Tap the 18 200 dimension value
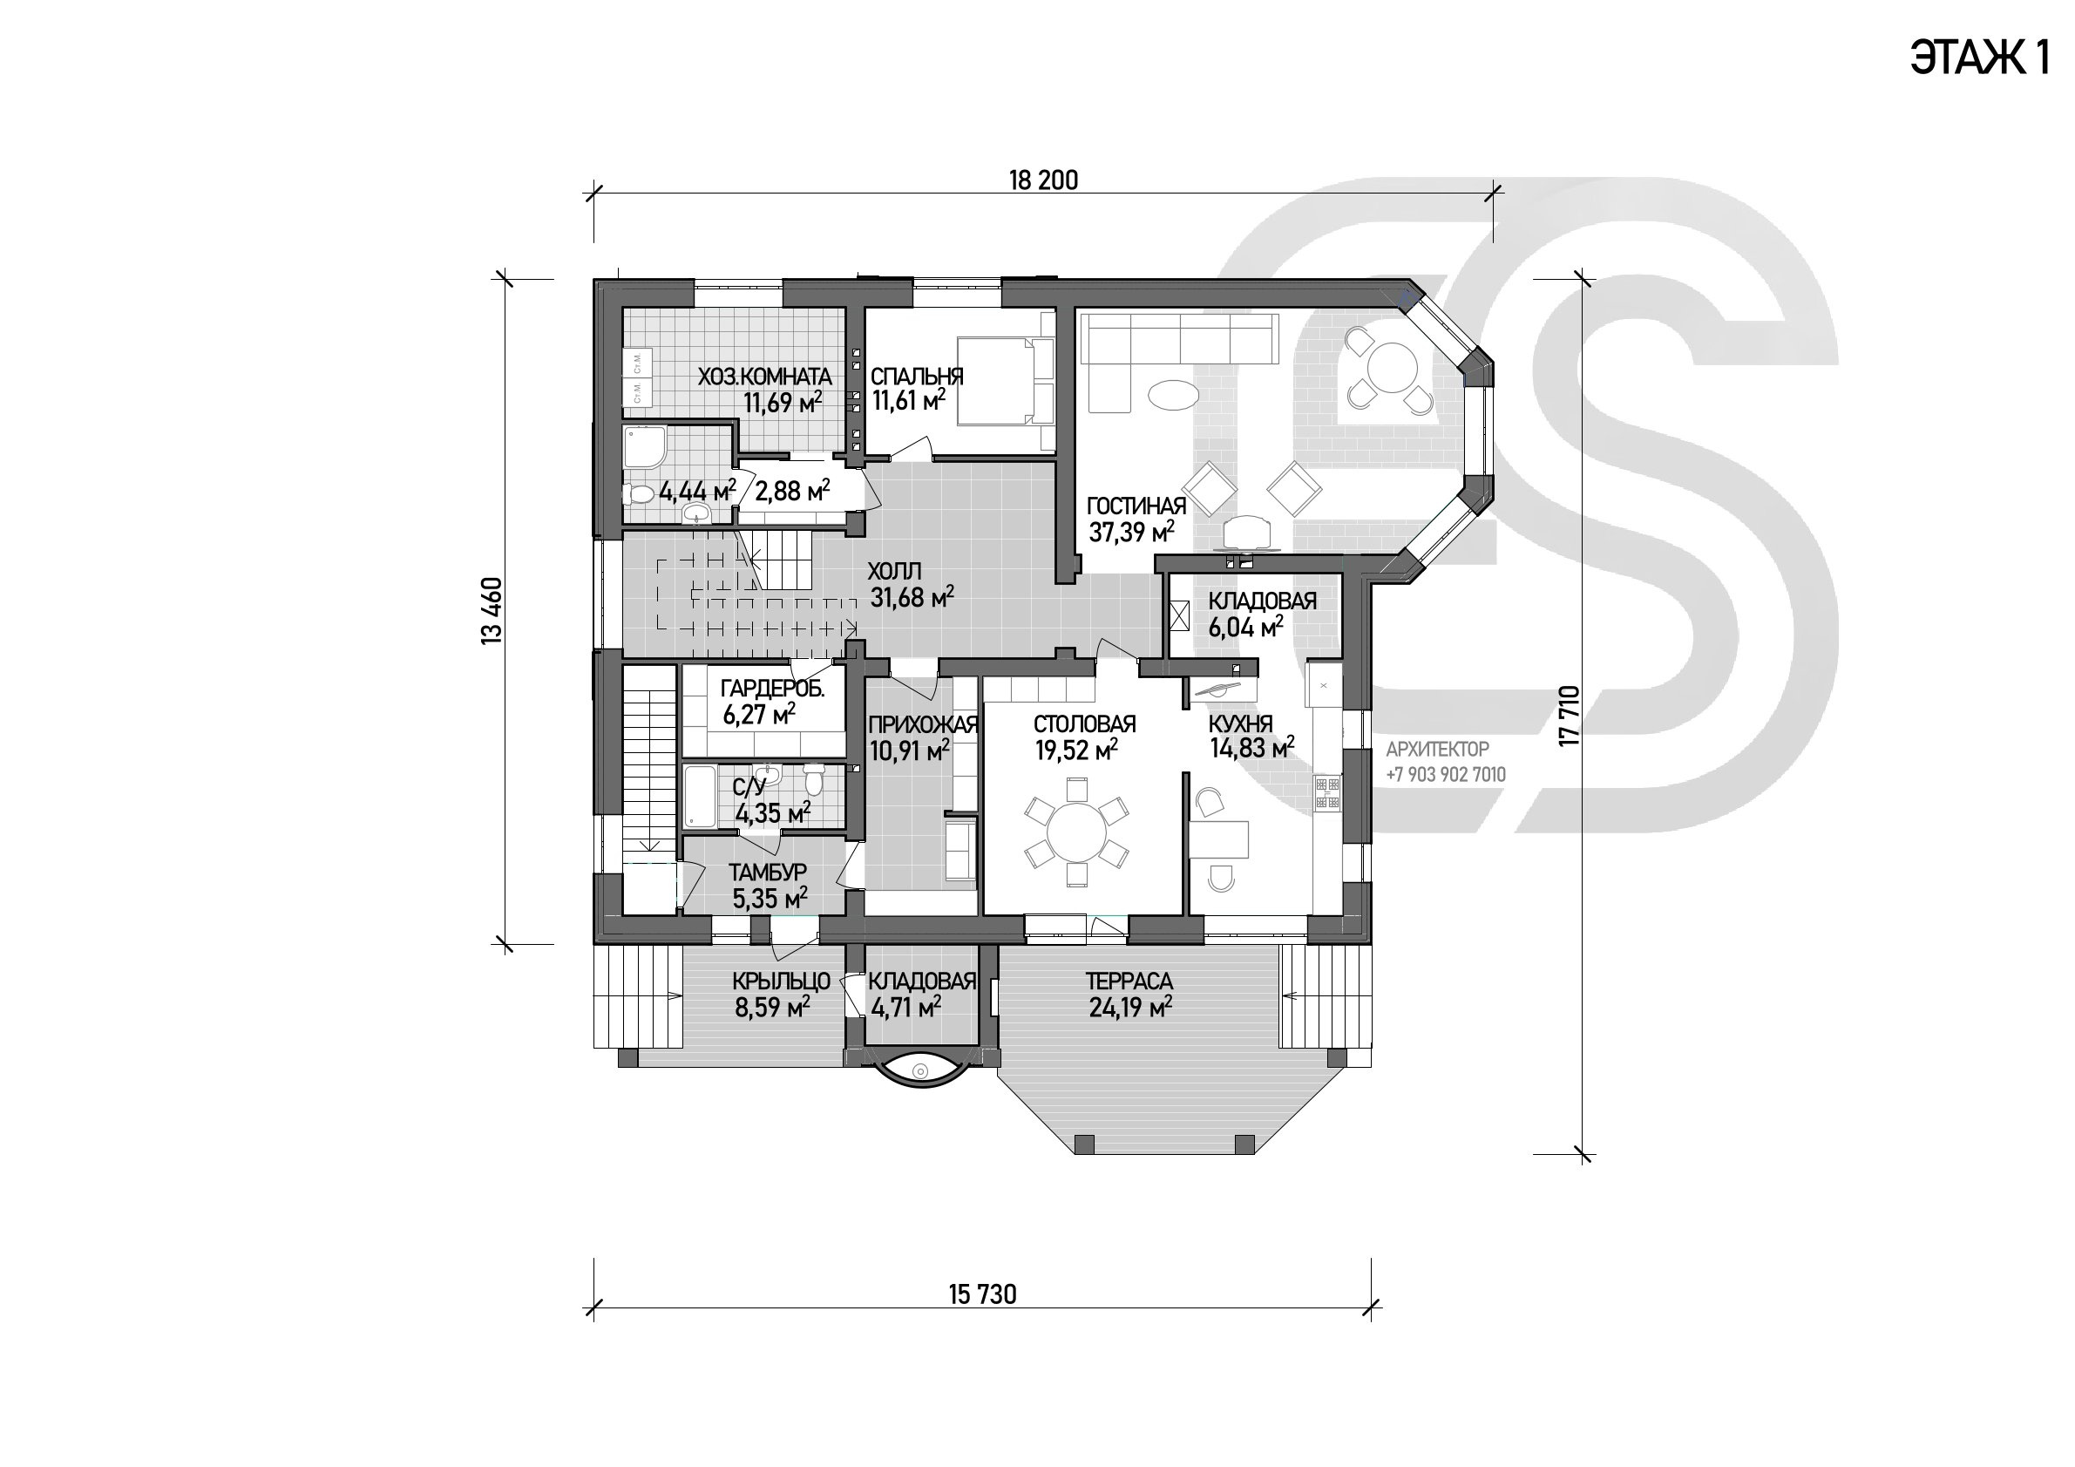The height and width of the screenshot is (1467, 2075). (x=1043, y=180)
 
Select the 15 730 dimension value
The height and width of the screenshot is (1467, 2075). (x=982, y=1294)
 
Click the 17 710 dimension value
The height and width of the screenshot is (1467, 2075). (x=1569, y=716)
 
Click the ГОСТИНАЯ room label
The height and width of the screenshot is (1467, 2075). (x=1136, y=506)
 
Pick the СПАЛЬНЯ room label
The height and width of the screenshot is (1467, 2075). (x=917, y=376)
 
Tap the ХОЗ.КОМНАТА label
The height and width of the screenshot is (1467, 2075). (x=764, y=376)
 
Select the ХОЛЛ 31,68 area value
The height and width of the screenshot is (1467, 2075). (x=912, y=596)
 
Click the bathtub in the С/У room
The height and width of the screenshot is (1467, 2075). (x=699, y=797)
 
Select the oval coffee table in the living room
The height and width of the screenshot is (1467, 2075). (x=1173, y=395)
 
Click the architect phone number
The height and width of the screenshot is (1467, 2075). (x=1446, y=775)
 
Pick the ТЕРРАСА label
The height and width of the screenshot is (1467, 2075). (x=1129, y=981)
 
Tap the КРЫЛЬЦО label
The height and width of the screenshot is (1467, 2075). (x=781, y=981)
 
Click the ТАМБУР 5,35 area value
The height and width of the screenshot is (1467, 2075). (x=770, y=898)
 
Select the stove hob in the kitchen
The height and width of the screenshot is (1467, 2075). (x=1326, y=791)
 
